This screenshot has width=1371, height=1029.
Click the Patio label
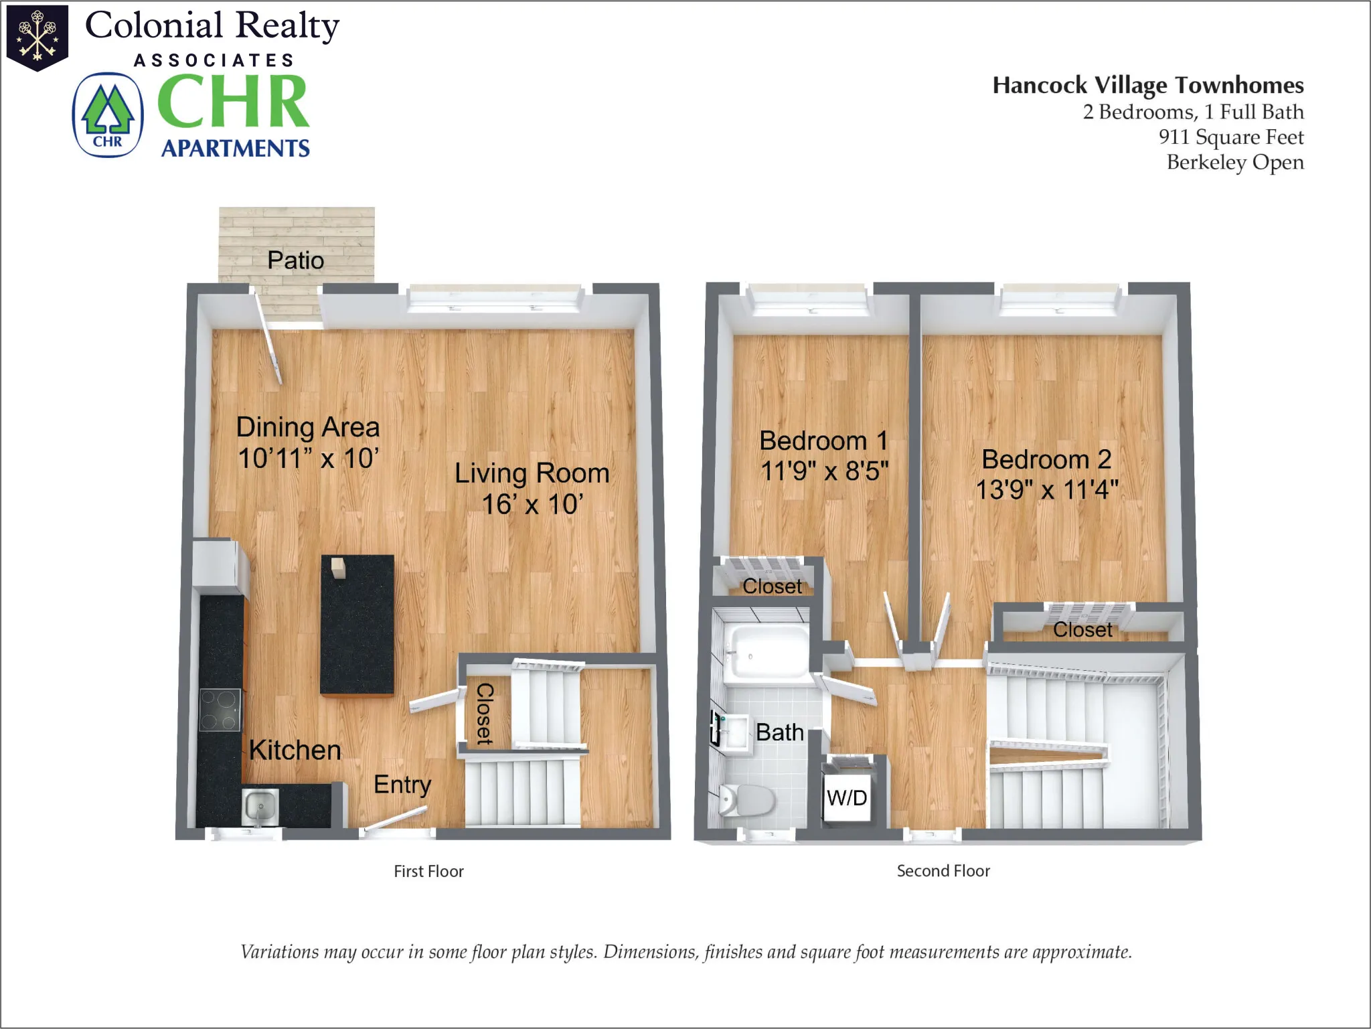295,260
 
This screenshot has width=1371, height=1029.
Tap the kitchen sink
260,805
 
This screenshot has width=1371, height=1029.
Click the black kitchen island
357,625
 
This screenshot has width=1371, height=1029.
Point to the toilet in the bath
747,800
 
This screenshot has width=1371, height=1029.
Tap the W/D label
847,798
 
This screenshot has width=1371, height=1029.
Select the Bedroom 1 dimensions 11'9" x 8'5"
824,471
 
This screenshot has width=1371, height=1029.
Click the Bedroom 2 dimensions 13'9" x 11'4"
1046,490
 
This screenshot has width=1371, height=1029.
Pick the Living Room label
532,473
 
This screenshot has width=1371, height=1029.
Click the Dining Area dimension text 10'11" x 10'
308,459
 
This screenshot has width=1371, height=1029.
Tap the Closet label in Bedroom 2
1082,630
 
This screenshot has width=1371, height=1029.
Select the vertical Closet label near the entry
484,714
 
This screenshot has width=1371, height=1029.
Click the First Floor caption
428,871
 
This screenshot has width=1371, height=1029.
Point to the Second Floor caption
943,871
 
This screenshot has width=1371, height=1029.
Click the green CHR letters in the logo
233,102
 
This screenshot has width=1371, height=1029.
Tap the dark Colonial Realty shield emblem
37,37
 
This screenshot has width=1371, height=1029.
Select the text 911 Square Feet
1230,137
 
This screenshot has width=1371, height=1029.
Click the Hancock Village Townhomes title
1147,86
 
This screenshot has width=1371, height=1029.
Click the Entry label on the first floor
402,785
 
